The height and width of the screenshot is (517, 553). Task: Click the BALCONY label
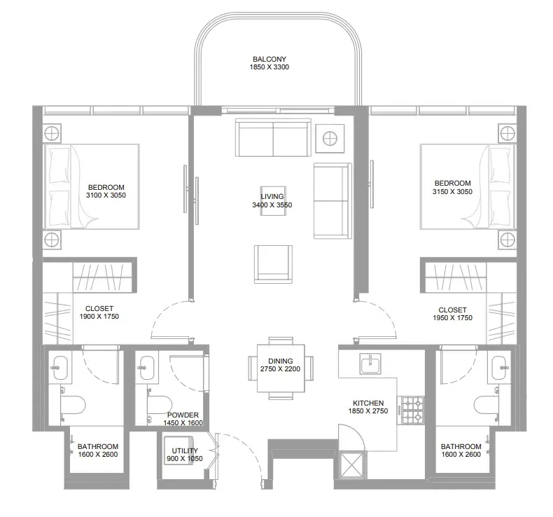[269, 59]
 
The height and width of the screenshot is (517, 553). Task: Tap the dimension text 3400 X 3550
[272, 205]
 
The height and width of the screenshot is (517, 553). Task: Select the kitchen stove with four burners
[411, 410]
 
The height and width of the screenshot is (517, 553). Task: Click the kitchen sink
[370, 364]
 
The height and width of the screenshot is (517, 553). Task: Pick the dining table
[281, 368]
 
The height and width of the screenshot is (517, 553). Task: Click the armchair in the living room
[273, 264]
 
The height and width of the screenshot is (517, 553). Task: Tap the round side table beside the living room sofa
[330, 138]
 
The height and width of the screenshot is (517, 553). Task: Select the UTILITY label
[185, 450]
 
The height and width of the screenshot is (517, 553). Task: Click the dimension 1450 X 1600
[183, 422]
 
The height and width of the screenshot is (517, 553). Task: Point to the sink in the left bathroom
[59, 368]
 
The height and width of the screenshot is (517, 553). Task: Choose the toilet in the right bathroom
[486, 404]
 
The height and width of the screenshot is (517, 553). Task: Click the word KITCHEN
[368, 403]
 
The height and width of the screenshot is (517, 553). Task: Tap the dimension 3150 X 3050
[452, 192]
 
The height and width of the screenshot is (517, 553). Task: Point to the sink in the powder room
[146, 368]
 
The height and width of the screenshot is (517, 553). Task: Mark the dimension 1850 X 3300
[269, 67]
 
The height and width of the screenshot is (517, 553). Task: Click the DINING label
[281, 361]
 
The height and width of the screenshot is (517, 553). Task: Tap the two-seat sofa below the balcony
[273, 137]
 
